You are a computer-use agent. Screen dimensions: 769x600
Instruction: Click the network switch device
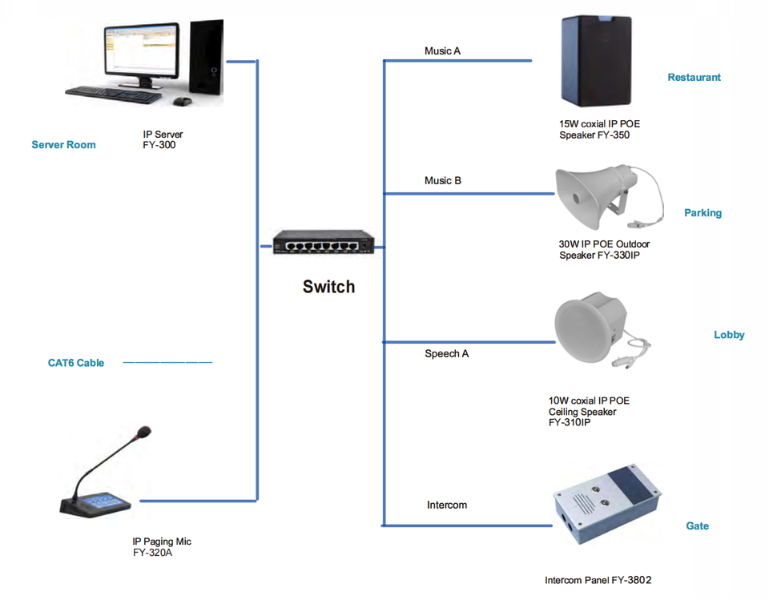(x=323, y=243)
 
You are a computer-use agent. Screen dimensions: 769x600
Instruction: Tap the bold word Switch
(x=328, y=287)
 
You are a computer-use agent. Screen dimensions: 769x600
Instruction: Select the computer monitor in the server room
(x=141, y=54)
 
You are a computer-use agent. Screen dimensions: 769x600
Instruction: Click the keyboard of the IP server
(x=113, y=95)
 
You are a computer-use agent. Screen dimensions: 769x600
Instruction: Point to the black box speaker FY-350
(x=596, y=61)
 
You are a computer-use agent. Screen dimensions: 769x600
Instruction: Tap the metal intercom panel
(x=607, y=504)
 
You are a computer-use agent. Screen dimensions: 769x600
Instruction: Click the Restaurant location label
(x=694, y=77)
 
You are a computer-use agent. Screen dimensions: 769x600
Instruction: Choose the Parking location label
(x=703, y=213)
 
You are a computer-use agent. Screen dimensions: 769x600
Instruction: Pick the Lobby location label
(x=729, y=335)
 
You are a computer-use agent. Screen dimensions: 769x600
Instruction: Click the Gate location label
(x=697, y=526)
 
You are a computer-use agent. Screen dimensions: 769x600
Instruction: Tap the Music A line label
(x=442, y=51)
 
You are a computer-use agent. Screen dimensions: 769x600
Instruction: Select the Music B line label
(x=443, y=180)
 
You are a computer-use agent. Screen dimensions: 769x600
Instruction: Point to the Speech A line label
(x=447, y=354)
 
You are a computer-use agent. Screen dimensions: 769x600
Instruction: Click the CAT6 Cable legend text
(x=76, y=363)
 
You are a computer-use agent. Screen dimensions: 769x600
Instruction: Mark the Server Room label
(x=64, y=145)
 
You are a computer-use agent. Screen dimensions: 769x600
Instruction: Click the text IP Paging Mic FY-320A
(x=162, y=547)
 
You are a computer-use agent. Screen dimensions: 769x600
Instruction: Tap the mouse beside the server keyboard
(x=182, y=101)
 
